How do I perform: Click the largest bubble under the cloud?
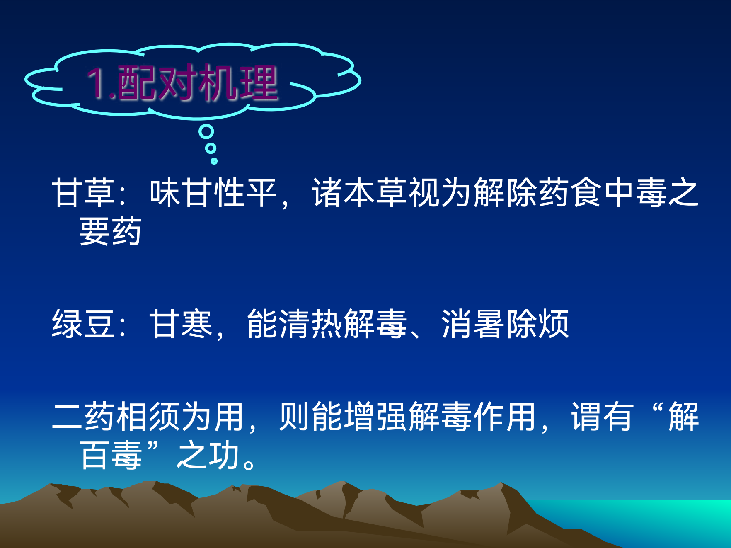pyautogui.click(x=206, y=132)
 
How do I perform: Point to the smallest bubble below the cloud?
pyautogui.click(x=214, y=160)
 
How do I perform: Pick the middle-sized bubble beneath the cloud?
pyautogui.click(x=211, y=148)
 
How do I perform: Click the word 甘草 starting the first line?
pyautogui.click(x=83, y=193)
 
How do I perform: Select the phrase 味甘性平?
pyautogui.click(x=213, y=193)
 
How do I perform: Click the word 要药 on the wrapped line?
pyautogui.click(x=110, y=231)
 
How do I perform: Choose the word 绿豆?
pyautogui.click(x=83, y=324)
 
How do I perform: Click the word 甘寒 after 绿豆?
pyautogui.click(x=181, y=324)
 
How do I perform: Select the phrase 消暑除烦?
pyautogui.click(x=505, y=324)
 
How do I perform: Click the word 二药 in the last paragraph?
pyautogui.click(x=83, y=417)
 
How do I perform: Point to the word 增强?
pyautogui.click(x=375, y=417)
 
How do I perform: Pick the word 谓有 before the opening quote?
pyautogui.click(x=602, y=417)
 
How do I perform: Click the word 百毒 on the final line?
pyautogui.click(x=110, y=455)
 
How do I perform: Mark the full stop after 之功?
pyautogui.click(x=249, y=463)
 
